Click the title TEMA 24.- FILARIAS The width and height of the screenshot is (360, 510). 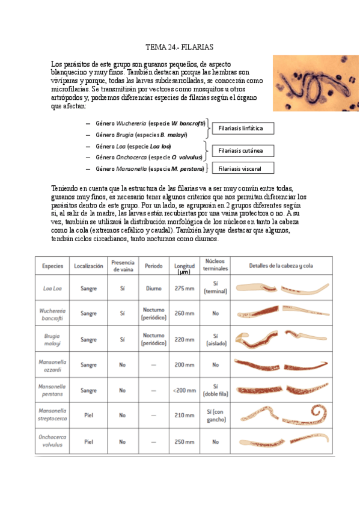tap(180, 46)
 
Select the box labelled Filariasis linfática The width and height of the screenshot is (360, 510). tap(240, 129)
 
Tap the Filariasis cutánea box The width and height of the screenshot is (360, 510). tap(240, 150)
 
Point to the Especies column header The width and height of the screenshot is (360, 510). tap(53, 265)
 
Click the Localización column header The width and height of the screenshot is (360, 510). tap(88, 265)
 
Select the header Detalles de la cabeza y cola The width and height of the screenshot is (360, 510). tap(281, 265)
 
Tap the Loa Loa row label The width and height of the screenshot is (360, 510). tap(52, 287)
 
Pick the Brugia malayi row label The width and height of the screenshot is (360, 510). tap(52, 339)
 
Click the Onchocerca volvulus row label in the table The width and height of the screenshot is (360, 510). tap(52, 441)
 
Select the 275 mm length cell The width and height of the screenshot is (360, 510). tap(185, 288)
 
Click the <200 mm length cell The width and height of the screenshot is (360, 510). tap(184, 390)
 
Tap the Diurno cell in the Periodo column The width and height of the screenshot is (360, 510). tap(153, 288)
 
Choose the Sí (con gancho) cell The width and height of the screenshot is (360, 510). tap(215, 416)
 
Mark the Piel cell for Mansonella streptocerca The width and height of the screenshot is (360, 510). tap(88, 416)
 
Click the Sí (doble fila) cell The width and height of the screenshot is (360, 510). tap(215, 390)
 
